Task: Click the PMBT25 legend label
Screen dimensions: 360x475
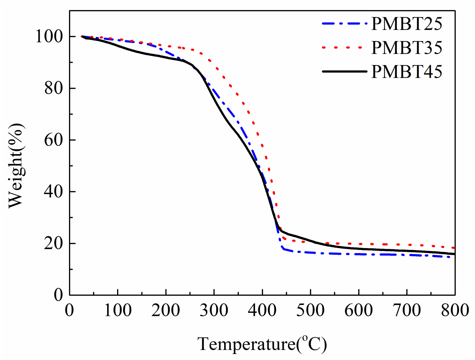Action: coord(407,24)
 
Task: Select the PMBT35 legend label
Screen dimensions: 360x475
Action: coord(407,47)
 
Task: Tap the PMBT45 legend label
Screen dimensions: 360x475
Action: coord(407,72)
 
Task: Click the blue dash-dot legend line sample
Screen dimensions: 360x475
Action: coord(344,23)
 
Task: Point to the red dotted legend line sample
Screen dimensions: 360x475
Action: coord(342,47)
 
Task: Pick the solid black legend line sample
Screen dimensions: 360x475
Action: coord(344,72)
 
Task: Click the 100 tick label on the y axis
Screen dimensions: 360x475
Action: coord(49,36)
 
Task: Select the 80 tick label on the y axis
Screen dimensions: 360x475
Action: coord(53,88)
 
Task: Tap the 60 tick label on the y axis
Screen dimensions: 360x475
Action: coord(53,140)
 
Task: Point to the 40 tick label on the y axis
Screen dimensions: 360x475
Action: coord(53,191)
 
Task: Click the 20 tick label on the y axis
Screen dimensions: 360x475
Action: coord(53,243)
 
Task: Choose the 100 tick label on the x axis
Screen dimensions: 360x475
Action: coord(117,311)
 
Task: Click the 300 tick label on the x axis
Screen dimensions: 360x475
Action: coord(214,311)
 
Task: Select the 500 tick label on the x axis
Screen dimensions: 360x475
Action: coord(310,311)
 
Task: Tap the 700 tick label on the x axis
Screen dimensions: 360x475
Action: coord(407,311)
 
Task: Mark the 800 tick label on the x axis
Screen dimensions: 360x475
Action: coord(455,311)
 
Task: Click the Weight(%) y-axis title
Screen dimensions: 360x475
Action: coord(16,166)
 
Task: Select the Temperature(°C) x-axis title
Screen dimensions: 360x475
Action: coord(262,344)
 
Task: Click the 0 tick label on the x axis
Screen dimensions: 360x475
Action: coord(69,311)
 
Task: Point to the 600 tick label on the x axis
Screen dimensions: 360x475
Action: coord(359,311)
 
